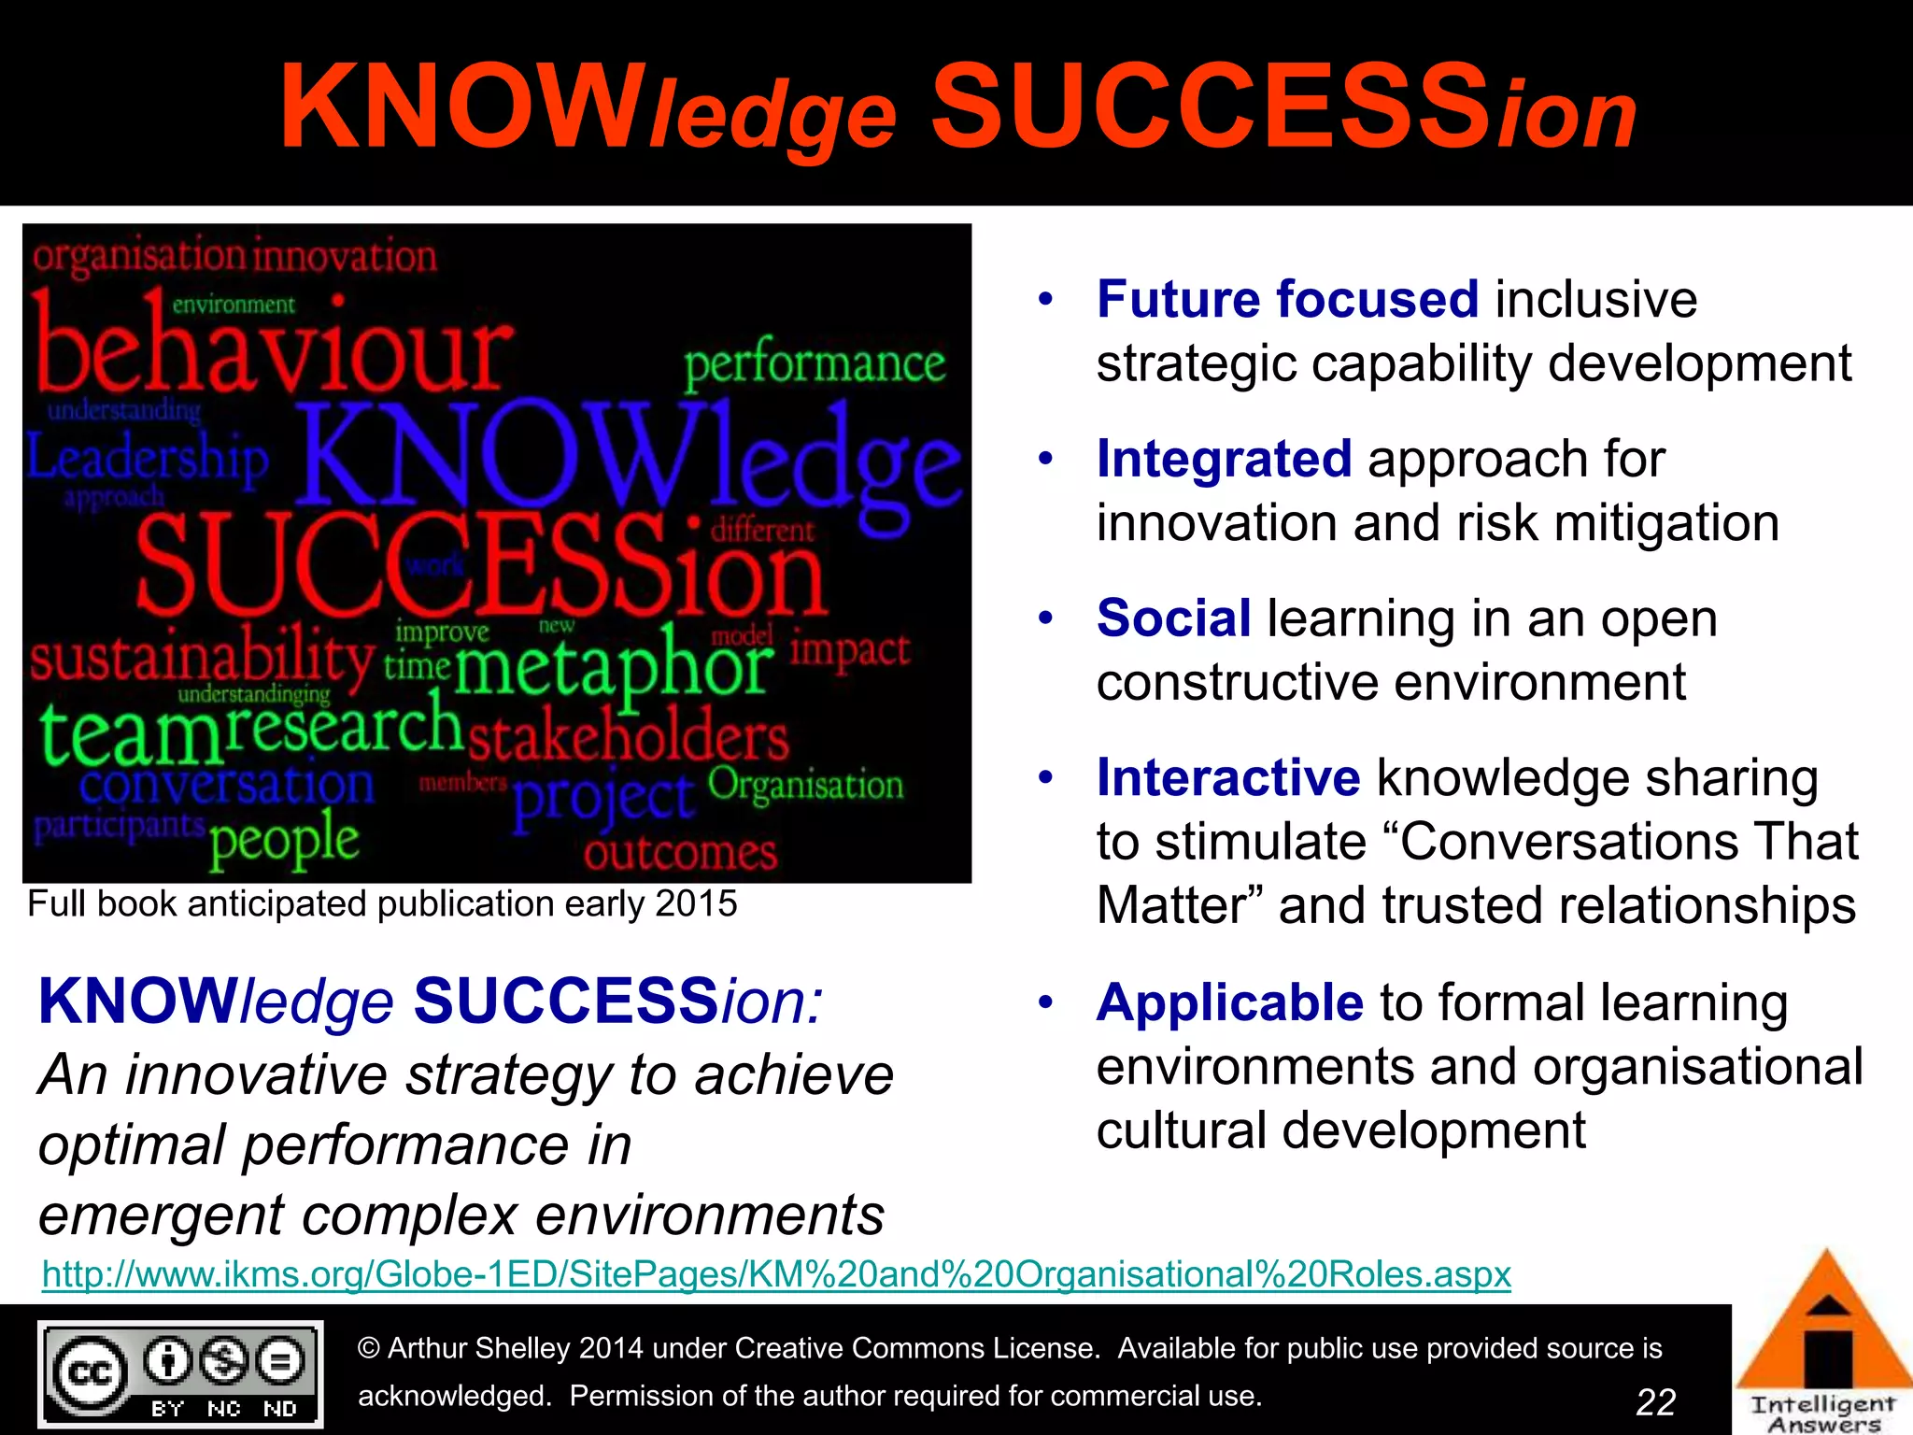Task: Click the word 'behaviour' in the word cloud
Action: pyautogui.click(x=271, y=350)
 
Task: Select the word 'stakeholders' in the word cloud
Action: pyautogui.click(x=628, y=738)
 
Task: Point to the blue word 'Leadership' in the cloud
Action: pyautogui.click(x=148, y=460)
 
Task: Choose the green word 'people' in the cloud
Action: pyautogui.click(x=284, y=839)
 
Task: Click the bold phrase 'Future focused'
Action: pyautogui.click(x=1287, y=300)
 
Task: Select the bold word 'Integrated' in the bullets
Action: pyautogui.click(x=1224, y=460)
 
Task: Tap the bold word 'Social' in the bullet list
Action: pyautogui.click(x=1173, y=618)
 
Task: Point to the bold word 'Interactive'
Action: pyautogui.click(x=1227, y=778)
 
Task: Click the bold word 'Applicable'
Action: pyautogui.click(x=1229, y=1003)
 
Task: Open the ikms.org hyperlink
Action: pyautogui.click(x=776, y=1274)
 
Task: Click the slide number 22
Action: pyautogui.click(x=1655, y=1401)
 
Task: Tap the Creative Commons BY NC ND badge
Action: pyautogui.click(x=180, y=1373)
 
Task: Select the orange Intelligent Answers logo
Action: pyautogui.click(x=1824, y=1345)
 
